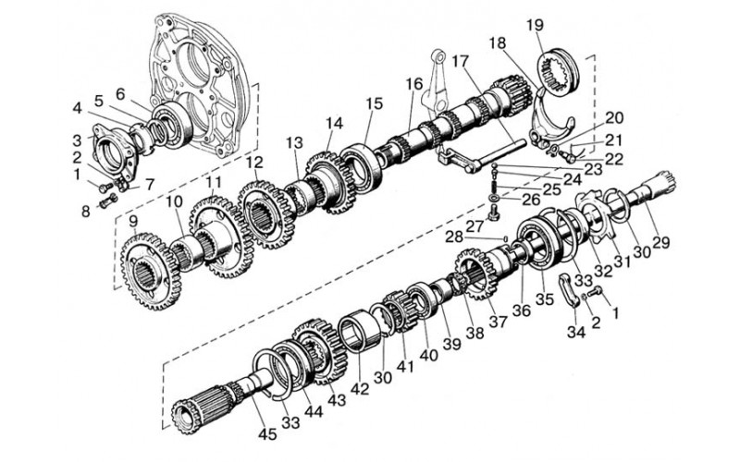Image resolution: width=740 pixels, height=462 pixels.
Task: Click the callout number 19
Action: [535, 26]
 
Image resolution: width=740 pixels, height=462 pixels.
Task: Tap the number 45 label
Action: [267, 434]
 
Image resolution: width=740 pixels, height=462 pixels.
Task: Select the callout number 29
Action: [660, 242]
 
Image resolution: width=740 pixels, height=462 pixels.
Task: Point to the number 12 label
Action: [254, 163]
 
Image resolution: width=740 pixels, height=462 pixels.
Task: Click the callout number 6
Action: [120, 94]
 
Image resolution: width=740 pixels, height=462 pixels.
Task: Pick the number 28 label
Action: [454, 237]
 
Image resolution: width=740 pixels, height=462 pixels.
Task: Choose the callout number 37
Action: [498, 321]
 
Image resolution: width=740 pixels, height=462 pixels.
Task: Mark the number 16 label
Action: [414, 84]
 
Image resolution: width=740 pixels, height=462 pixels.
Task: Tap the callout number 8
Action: [85, 211]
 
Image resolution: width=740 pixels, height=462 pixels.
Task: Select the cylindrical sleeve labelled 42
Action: [360, 330]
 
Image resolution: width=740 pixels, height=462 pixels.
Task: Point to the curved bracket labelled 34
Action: [570, 291]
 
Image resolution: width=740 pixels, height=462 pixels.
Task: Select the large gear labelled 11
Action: [221, 237]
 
